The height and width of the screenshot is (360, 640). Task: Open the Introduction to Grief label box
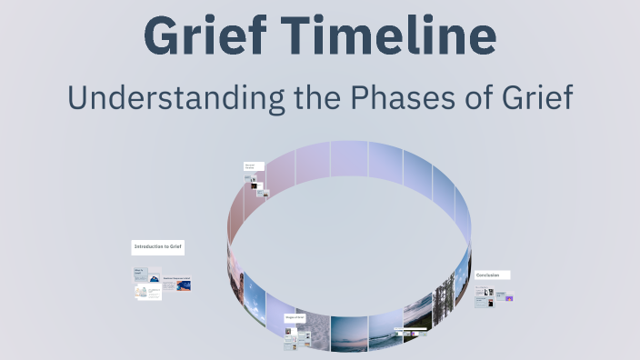(158, 246)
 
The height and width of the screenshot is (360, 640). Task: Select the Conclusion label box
(492, 275)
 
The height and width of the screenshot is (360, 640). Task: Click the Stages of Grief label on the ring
(296, 317)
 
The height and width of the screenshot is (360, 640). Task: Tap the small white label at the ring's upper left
(254, 167)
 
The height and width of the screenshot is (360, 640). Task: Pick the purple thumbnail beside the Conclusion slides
(509, 297)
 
